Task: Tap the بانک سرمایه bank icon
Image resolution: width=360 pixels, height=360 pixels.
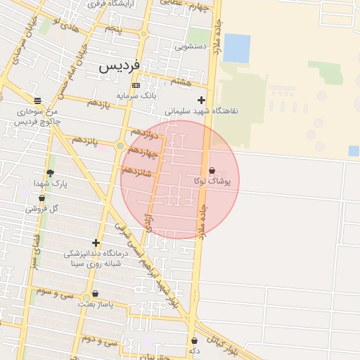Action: point(136,85)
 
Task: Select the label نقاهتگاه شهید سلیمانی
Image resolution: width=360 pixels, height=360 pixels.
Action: point(202,111)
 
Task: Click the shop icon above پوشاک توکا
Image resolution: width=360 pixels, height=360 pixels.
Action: point(212,170)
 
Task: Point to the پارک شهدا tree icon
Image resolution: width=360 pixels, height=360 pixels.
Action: point(50,173)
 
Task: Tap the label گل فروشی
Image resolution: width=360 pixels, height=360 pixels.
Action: point(41,208)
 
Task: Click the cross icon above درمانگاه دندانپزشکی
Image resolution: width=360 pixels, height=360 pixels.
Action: point(96,243)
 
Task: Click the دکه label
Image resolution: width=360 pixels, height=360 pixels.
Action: point(194,349)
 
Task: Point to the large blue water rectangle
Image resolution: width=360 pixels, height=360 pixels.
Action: point(237,48)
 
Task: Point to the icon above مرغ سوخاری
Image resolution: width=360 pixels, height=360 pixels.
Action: point(37,101)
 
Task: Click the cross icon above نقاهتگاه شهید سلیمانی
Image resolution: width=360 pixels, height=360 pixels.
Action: point(202,100)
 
